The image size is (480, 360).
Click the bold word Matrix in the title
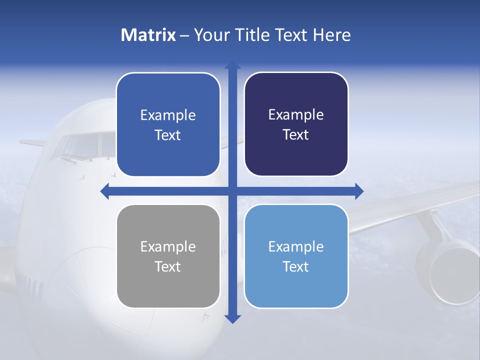click(x=148, y=35)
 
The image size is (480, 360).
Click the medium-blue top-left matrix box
click(x=168, y=124)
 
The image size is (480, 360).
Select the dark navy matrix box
click(x=296, y=124)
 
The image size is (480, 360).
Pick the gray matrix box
click(x=168, y=256)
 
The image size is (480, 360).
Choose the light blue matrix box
click(x=296, y=256)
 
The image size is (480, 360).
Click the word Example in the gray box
click(x=168, y=246)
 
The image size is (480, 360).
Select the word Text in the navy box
click(x=296, y=135)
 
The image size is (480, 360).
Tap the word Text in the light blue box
click(x=296, y=266)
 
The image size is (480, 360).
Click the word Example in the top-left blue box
click(x=168, y=115)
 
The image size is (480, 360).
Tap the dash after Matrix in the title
click(x=184, y=35)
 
